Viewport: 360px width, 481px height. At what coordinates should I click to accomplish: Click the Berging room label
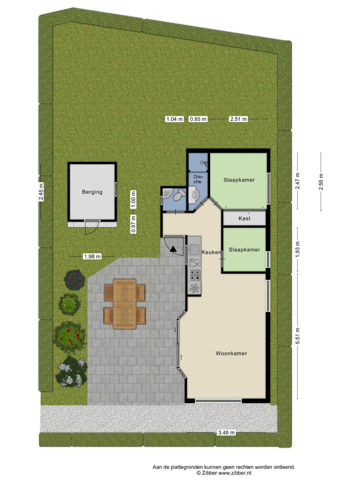click(x=92, y=192)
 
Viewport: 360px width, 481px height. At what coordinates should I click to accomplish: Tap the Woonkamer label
click(x=231, y=353)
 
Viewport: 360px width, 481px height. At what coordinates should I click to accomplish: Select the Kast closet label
click(x=244, y=218)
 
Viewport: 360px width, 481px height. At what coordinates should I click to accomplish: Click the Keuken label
click(x=211, y=252)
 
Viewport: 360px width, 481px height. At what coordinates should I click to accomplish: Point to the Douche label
click(x=198, y=179)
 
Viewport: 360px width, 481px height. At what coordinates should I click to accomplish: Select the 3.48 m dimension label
click(x=227, y=433)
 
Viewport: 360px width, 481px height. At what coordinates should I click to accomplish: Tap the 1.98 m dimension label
click(x=92, y=257)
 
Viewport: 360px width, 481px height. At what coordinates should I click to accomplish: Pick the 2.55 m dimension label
click(x=321, y=182)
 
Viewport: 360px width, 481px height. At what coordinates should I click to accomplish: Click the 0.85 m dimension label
click(x=198, y=119)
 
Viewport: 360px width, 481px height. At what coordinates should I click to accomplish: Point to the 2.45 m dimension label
click(x=41, y=192)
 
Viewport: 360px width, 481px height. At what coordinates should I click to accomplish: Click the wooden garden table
click(x=125, y=304)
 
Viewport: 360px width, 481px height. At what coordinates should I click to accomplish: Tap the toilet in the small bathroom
click(x=179, y=195)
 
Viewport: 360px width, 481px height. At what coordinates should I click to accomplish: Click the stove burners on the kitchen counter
click(x=195, y=275)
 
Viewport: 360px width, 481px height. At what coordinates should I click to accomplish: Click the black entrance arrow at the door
click(x=174, y=249)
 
